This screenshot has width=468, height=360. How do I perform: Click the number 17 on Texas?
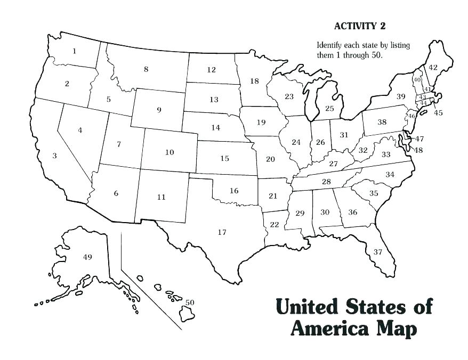[222, 232]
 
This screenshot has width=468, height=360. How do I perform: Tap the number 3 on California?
[54, 156]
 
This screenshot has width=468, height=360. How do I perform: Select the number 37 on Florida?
[377, 251]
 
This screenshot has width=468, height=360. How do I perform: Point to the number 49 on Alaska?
[88, 257]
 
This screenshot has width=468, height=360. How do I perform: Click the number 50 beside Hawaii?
[190, 302]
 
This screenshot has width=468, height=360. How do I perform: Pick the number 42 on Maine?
[433, 67]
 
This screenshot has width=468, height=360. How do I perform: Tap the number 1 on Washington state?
[74, 51]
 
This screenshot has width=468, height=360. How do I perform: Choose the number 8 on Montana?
[146, 69]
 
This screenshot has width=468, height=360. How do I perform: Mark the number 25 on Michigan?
[329, 109]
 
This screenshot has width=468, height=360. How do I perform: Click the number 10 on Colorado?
[170, 152]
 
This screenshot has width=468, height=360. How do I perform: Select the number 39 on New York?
[401, 96]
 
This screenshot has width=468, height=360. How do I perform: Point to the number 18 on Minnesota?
[254, 81]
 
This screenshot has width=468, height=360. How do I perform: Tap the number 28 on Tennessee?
[326, 182]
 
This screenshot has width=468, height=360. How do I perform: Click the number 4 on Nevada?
[80, 130]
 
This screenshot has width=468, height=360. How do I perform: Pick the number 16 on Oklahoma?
[234, 191]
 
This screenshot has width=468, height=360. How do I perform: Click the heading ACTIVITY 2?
[359, 26]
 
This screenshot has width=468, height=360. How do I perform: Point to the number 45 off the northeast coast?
[438, 112]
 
